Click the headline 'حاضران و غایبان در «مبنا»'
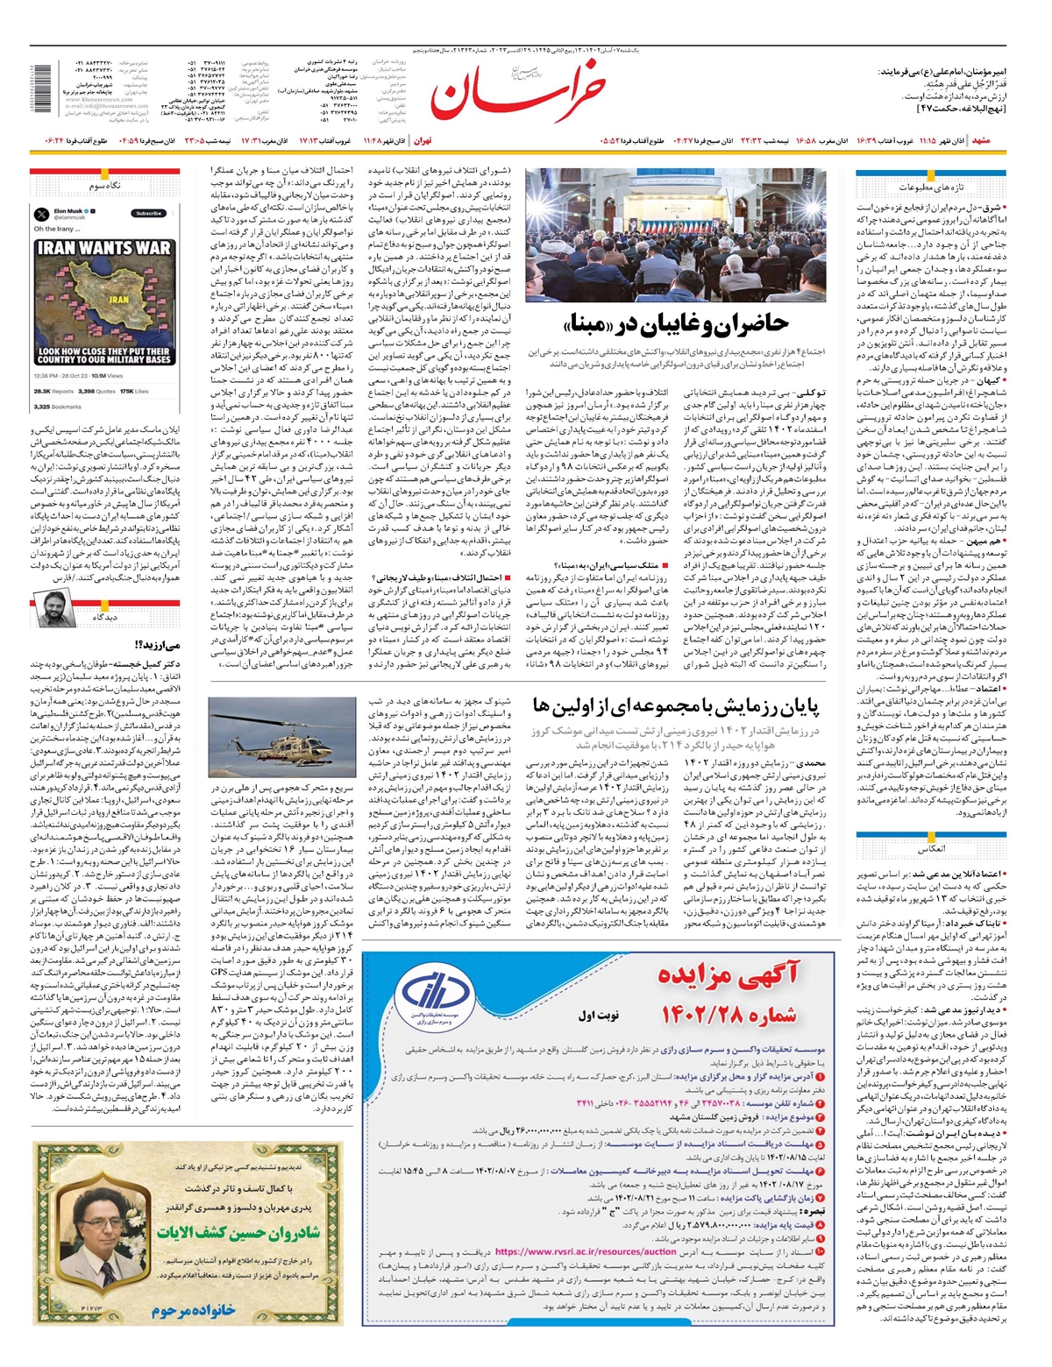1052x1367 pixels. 675,323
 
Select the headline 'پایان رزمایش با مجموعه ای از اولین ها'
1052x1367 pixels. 675,705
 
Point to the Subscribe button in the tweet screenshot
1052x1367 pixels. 149,213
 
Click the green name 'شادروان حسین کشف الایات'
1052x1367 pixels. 238,1232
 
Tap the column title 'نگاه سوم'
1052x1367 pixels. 104,187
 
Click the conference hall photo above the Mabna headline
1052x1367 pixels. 675,235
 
